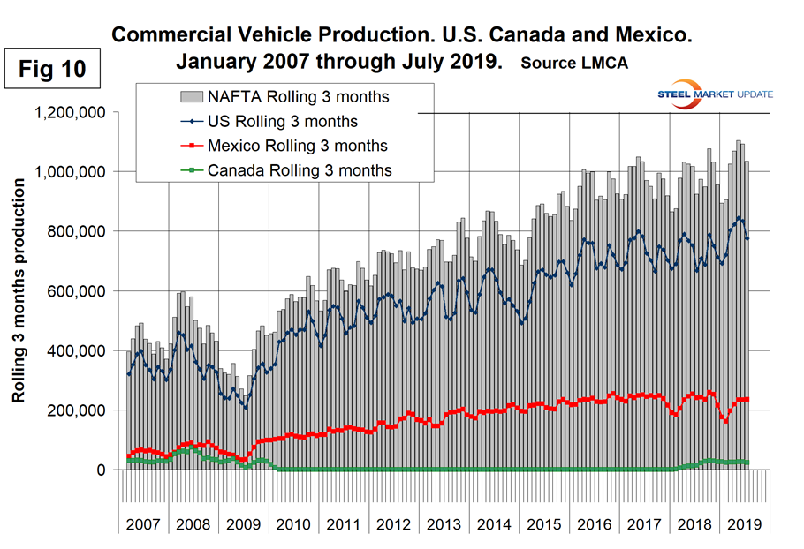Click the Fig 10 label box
click(54, 71)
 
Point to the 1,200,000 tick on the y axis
click(70, 113)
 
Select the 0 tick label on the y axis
click(101, 470)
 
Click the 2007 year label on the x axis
click(142, 523)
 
